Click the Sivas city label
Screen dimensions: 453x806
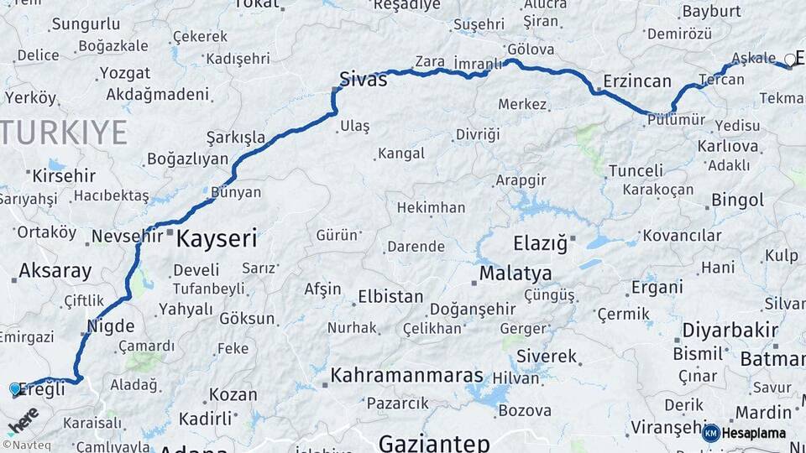click(363, 81)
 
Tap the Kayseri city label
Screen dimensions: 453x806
click(216, 239)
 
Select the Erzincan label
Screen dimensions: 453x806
click(637, 81)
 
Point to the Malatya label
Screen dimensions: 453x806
click(516, 273)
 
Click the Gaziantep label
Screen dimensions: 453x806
click(433, 442)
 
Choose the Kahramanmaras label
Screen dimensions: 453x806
click(406, 376)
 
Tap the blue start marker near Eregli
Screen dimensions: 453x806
click(14, 389)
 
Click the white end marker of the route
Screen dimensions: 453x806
click(789, 59)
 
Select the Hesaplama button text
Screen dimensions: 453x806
click(754, 434)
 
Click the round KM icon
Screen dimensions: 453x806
click(710, 434)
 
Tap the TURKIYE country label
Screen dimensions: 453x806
click(64, 132)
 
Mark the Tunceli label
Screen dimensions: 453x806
click(636, 171)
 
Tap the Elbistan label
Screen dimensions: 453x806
click(390, 296)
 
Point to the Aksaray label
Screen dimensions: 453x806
click(55, 270)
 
